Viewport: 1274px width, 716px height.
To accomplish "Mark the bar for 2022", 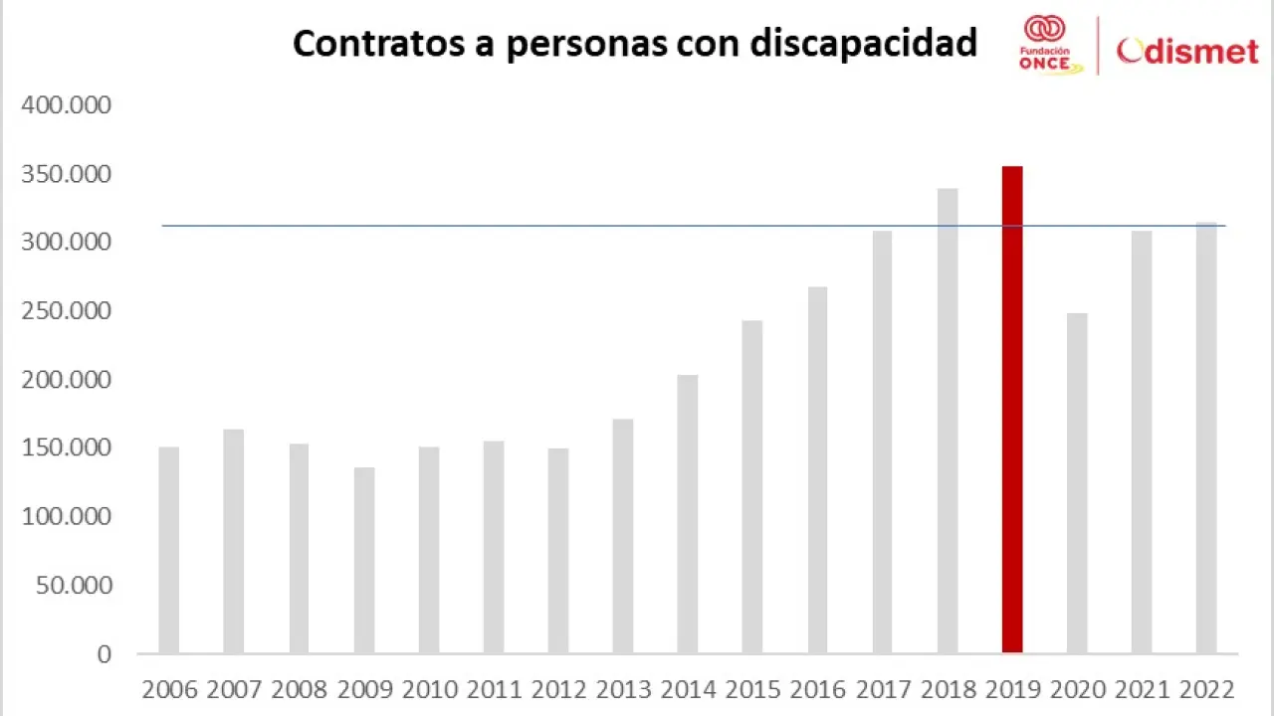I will (x=1206, y=438).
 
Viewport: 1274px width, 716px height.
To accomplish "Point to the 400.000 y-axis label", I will (x=67, y=105).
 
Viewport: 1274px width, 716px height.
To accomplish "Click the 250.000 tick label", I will (x=67, y=311).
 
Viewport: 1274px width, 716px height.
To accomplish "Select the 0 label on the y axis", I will (x=104, y=654).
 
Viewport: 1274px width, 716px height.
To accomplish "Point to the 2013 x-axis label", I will (x=623, y=689).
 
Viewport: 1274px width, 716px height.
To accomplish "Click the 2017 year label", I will (x=882, y=689).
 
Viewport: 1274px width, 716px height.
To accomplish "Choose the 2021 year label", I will (x=1141, y=689).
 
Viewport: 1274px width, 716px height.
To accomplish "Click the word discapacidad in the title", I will (x=863, y=44).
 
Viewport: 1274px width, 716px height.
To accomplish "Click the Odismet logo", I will (x=1187, y=51).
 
